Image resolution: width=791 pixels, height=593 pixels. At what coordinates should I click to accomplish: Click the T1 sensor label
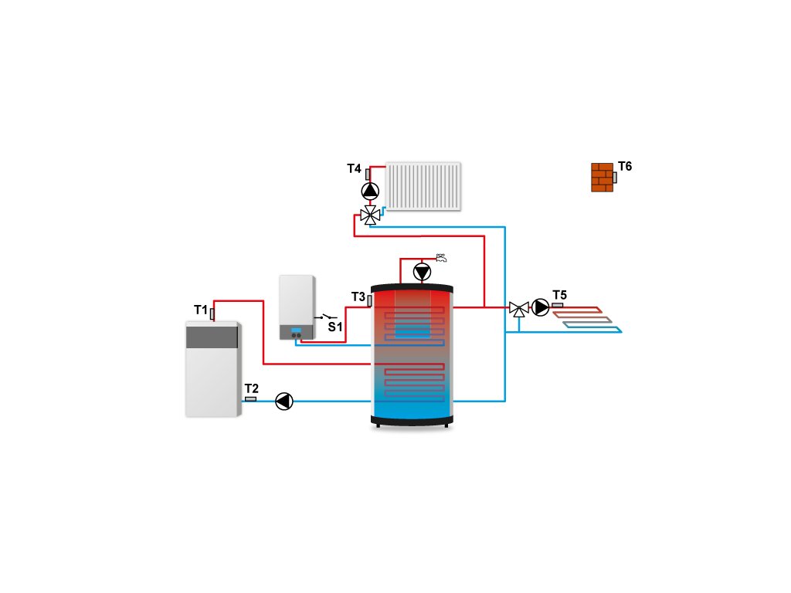(200, 310)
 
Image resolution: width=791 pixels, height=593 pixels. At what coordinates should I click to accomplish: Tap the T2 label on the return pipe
(252, 388)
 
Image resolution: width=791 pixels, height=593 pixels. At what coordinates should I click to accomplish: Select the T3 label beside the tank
(358, 296)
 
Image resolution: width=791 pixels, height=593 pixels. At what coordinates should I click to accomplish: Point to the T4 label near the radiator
(354, 168)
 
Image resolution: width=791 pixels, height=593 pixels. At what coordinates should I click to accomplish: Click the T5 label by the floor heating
(559, 295)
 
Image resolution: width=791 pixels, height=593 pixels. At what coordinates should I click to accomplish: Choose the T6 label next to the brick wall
(625, 167)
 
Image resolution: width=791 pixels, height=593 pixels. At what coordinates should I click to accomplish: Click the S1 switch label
(334, 327)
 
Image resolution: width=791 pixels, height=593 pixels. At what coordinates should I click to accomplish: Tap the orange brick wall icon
(602, 177)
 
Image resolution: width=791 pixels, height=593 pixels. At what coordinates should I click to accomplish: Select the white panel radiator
(423, 186)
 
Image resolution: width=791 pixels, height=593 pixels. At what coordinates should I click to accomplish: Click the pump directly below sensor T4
(371, 191)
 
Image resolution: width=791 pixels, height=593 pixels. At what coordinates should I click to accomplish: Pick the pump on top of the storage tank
(423, 272)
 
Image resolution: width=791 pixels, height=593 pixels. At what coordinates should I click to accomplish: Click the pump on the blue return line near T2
(284, 401)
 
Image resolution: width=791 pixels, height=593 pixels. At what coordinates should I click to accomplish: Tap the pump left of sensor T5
(541, 308)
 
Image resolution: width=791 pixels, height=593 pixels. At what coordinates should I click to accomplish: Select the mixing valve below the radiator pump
(371, 215)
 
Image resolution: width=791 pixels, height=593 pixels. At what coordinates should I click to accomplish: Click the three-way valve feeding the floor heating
(518, 309)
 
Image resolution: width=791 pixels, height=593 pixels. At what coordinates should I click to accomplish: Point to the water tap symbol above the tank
(441, 257)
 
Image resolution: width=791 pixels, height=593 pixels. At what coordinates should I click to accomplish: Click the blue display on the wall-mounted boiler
(296, 330)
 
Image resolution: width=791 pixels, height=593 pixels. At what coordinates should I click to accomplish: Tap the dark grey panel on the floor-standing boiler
(212, 336)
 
